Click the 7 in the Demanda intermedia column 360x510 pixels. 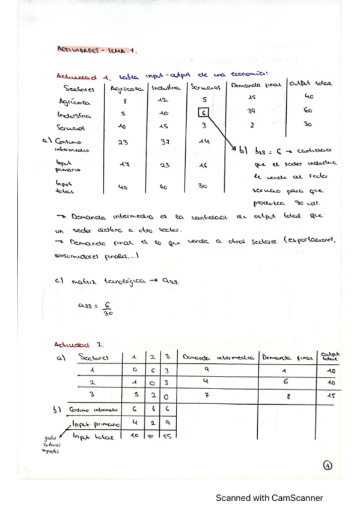pos(205,396)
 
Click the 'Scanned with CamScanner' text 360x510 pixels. pos(270,497)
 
